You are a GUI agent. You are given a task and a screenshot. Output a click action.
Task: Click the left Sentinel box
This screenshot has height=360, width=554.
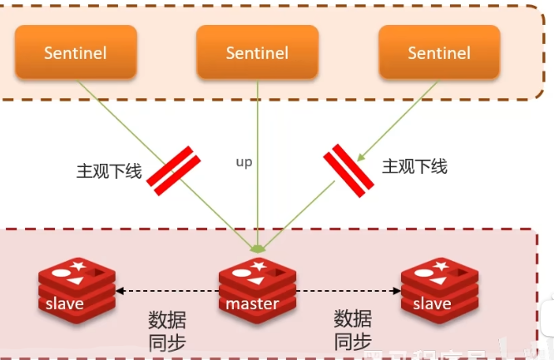[76, 52]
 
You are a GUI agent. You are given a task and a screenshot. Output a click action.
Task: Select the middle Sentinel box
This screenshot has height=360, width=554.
[257, 52]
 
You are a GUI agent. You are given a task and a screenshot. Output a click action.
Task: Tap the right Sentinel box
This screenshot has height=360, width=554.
[438, 52]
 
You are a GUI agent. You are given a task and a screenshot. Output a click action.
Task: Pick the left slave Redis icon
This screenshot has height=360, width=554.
[74, 287]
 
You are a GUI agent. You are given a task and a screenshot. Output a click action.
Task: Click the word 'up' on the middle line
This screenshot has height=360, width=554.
[244, 162]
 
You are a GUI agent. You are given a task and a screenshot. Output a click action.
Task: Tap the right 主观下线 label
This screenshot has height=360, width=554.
[414, 166]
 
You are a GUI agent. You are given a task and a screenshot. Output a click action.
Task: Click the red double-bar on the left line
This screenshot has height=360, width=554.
[176, 171]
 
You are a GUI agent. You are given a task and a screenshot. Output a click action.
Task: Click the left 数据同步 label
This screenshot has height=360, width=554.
[166, 330]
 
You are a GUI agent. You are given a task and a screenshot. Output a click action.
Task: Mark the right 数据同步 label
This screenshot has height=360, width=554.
[353, 330]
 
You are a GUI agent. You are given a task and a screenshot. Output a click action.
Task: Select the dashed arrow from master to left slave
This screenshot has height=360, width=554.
[166, 291]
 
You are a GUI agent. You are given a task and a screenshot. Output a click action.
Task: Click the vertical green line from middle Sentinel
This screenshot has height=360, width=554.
[258, 191]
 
